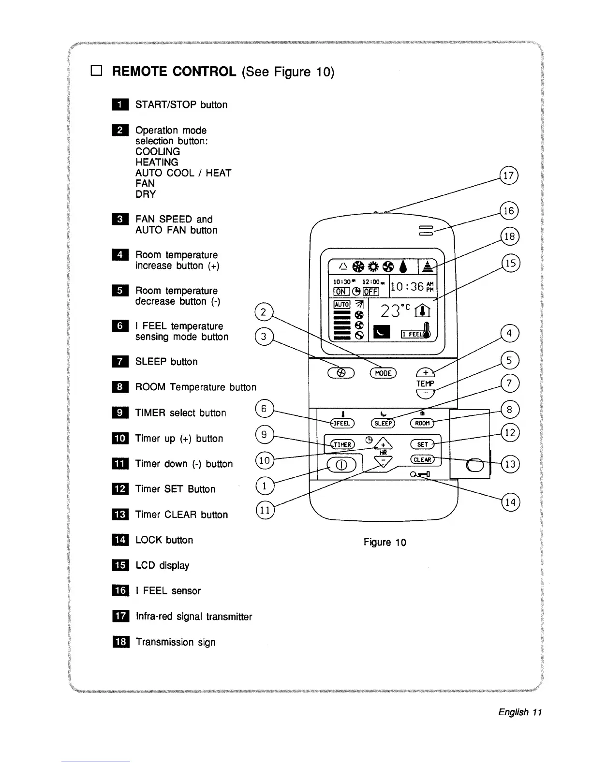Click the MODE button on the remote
(383, 373)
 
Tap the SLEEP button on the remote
(383, 423)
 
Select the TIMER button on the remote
(342, 444)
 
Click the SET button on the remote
(422, 444)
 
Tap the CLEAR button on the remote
(423, 459)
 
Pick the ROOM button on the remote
(422, 423)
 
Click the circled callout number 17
(509, 176)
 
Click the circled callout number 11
(264, 510)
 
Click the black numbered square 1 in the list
(120, 105)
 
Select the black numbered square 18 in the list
(120, 642)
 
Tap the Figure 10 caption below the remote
(385, 542)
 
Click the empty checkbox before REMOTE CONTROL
(95, 72)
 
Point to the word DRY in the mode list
(146, 194)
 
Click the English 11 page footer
(520, 712)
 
